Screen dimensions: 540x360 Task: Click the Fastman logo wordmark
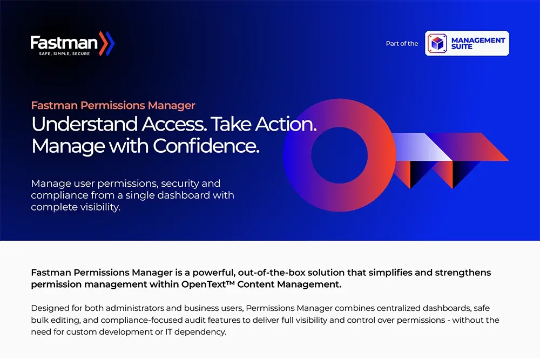(x=64, y=43)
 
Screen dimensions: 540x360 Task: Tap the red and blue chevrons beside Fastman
(x=106, y=43)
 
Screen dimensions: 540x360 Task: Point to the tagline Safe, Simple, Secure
(x=64, y=53)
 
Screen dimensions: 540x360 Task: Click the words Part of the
(x=402, y=43)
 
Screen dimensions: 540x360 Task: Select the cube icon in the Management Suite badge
(x=437, y=43)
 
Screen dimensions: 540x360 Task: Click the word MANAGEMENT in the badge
(x=478, y=40)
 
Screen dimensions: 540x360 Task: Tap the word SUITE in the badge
(x=462, y=47)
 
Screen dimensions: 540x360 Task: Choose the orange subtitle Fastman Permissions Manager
(x=113, y=105)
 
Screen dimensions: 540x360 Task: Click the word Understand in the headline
(x=85, y=124)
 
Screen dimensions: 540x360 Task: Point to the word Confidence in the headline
(x=206, y=146)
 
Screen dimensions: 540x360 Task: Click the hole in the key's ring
(x=340, y=155)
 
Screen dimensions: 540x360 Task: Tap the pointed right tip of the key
(x=508, y=160)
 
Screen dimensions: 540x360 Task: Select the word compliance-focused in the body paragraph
(x=141, y=320)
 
